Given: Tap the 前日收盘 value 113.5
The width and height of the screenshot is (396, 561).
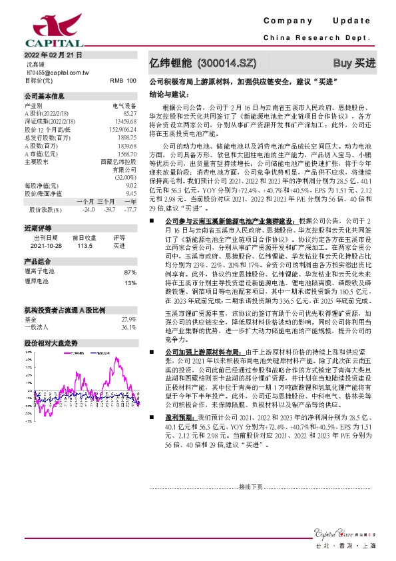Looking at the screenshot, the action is (84, 244).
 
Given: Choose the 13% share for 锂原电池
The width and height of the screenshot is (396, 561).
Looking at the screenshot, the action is (130, 282).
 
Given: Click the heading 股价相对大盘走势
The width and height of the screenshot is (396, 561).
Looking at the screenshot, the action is (51, 342).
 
